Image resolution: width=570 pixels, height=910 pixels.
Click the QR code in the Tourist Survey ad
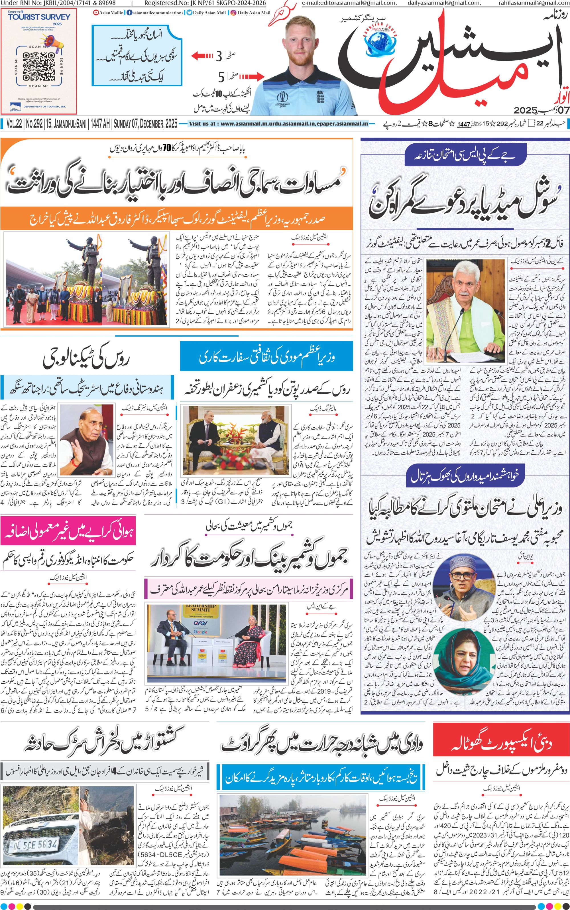[38, 66]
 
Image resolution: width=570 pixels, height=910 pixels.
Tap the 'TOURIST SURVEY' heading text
[39, 17]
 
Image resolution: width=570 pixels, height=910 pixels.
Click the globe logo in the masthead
[380, 43]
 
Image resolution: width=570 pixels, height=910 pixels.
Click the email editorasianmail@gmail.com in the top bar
[349, 3]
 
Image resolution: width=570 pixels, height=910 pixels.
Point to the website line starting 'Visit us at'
[278, 124]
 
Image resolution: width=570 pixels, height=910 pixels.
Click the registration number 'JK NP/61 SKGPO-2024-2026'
[205, 3]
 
